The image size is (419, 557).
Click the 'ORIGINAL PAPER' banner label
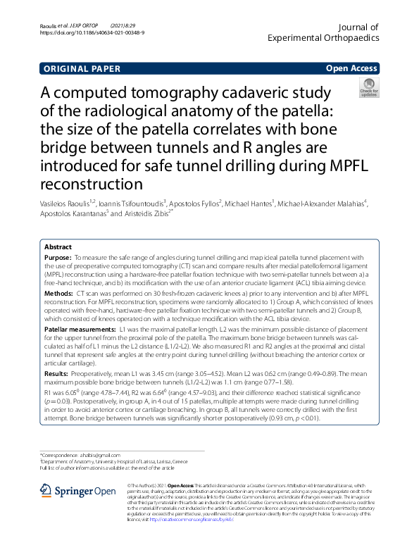[82, 69]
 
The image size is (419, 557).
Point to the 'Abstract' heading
[58, 247]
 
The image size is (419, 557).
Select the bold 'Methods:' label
[59, 291]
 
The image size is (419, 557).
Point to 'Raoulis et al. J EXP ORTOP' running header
[65, 25]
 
